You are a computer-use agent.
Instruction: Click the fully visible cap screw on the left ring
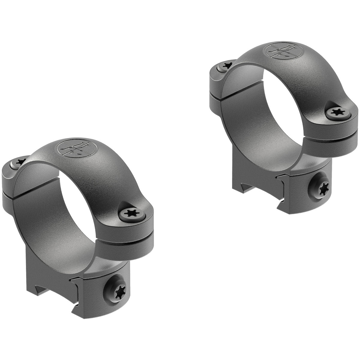click(x=132, y=214)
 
